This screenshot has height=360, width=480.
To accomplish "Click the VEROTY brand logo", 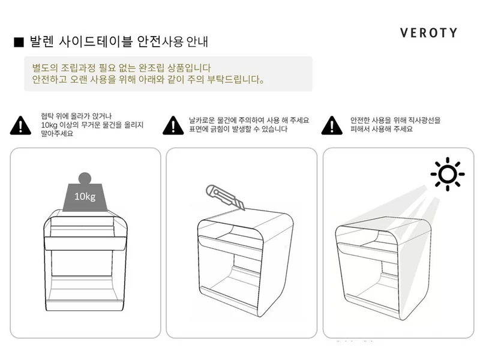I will coord(428,32).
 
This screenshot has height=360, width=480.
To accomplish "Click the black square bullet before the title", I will coord(18,43).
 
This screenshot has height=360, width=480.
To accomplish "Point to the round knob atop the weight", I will coord(85,178).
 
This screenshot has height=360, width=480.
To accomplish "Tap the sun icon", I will coord(447,174).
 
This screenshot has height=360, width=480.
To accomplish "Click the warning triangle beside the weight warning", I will coord(21,125).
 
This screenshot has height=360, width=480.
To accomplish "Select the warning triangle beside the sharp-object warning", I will coord(173,125).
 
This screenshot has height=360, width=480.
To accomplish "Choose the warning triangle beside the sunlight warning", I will coord(332,125).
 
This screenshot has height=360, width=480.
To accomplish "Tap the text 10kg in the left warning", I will coord(49,125).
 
